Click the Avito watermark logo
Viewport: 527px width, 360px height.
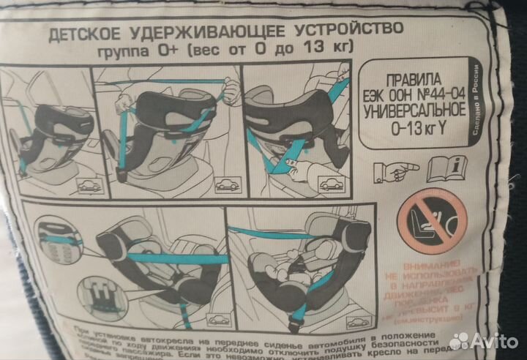[x=483, y=340]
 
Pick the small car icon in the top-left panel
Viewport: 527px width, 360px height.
[x=89, y=187]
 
